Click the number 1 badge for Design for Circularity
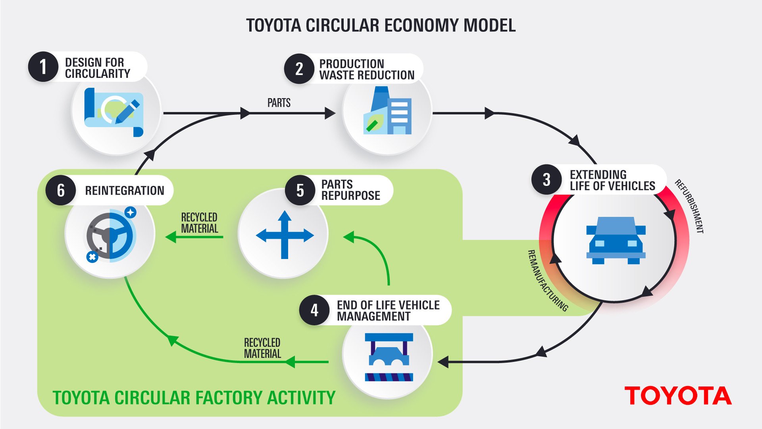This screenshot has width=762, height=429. tap(43, 67)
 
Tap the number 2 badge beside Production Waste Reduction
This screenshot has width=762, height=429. tap(299, 69)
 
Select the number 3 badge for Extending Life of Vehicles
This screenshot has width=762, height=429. tap(546, 180)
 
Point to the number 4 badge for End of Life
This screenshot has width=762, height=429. tap(314, 310)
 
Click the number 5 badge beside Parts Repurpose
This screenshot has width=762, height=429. tap(300, 190)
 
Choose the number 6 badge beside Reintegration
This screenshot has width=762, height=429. tap(61, 190)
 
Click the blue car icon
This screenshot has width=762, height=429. tap(616, 240)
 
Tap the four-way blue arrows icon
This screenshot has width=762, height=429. tap(285, 235)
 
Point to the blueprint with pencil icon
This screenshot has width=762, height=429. tap(114, 112)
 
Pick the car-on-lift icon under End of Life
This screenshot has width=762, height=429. tap(389, 357)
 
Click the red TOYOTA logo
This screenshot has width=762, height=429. tap(678, 396)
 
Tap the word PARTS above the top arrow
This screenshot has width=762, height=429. tap(279, 103)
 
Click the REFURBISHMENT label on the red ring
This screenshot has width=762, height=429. tap(690, 206)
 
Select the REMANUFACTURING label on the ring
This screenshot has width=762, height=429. tap(547, 280)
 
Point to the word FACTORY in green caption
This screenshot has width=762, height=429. tap(223, 398)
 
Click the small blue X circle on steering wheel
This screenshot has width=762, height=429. tap(92, 257)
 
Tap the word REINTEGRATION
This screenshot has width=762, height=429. tap(125, 191)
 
